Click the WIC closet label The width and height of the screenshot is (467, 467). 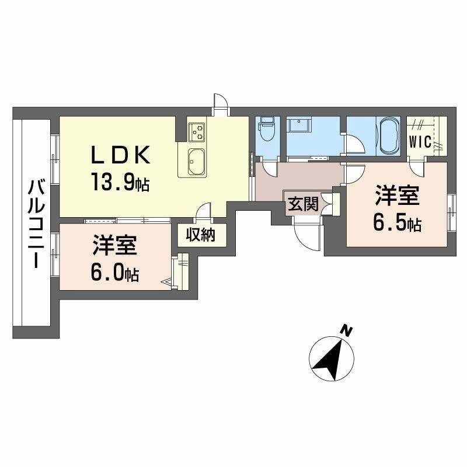click(420, 142)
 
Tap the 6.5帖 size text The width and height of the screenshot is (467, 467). click(397, 223)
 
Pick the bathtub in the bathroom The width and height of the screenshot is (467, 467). click(388, 135)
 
